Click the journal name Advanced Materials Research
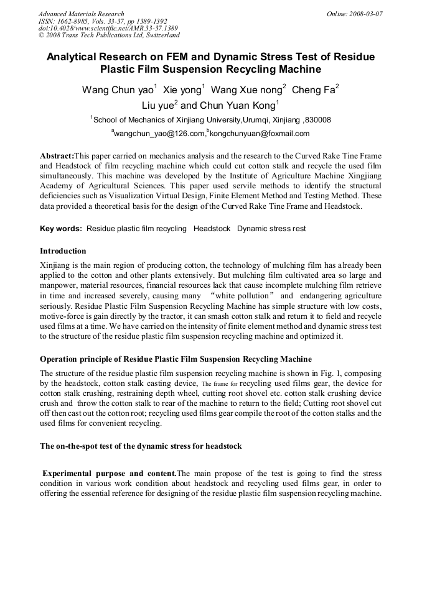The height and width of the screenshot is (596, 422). (81, 14)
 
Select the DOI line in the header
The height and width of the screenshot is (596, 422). (108, 29)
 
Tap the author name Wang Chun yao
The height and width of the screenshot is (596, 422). (118, 90)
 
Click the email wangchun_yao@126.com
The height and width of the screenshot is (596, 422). (159, 134)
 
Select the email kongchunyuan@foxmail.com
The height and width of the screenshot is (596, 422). (260, 134)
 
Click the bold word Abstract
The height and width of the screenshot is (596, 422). (57, 155)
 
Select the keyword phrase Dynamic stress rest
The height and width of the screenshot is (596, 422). (271, 229)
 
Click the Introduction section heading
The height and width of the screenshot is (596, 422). (63, 251)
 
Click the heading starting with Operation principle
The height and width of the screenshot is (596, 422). (176, 359)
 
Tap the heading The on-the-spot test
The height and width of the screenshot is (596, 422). (141, 446)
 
